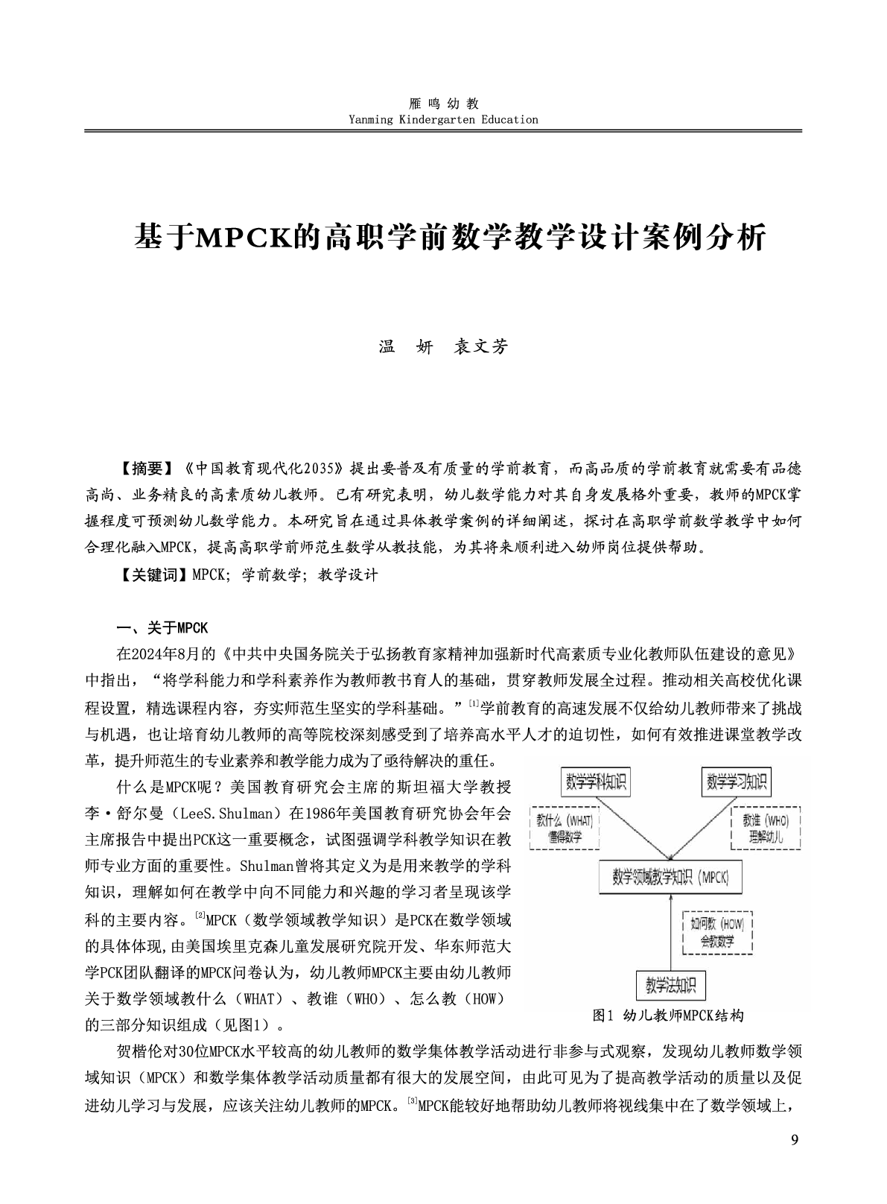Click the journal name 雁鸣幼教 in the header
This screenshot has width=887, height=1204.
click(443, 104)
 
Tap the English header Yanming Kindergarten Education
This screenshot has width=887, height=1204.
click(443, 119)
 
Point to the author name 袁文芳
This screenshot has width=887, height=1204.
click(480, 347)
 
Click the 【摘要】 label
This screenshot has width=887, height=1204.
click(145, 469)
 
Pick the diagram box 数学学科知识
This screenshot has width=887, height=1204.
click(597, 782)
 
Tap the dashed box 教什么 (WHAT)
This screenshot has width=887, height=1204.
click(564, 828)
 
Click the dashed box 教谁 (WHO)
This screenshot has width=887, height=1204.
click(766, 828)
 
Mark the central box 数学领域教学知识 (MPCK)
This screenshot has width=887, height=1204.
click(670, 877)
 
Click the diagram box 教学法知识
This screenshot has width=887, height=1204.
click(670, 986)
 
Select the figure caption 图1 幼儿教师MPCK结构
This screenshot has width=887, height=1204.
click(668, 1016)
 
